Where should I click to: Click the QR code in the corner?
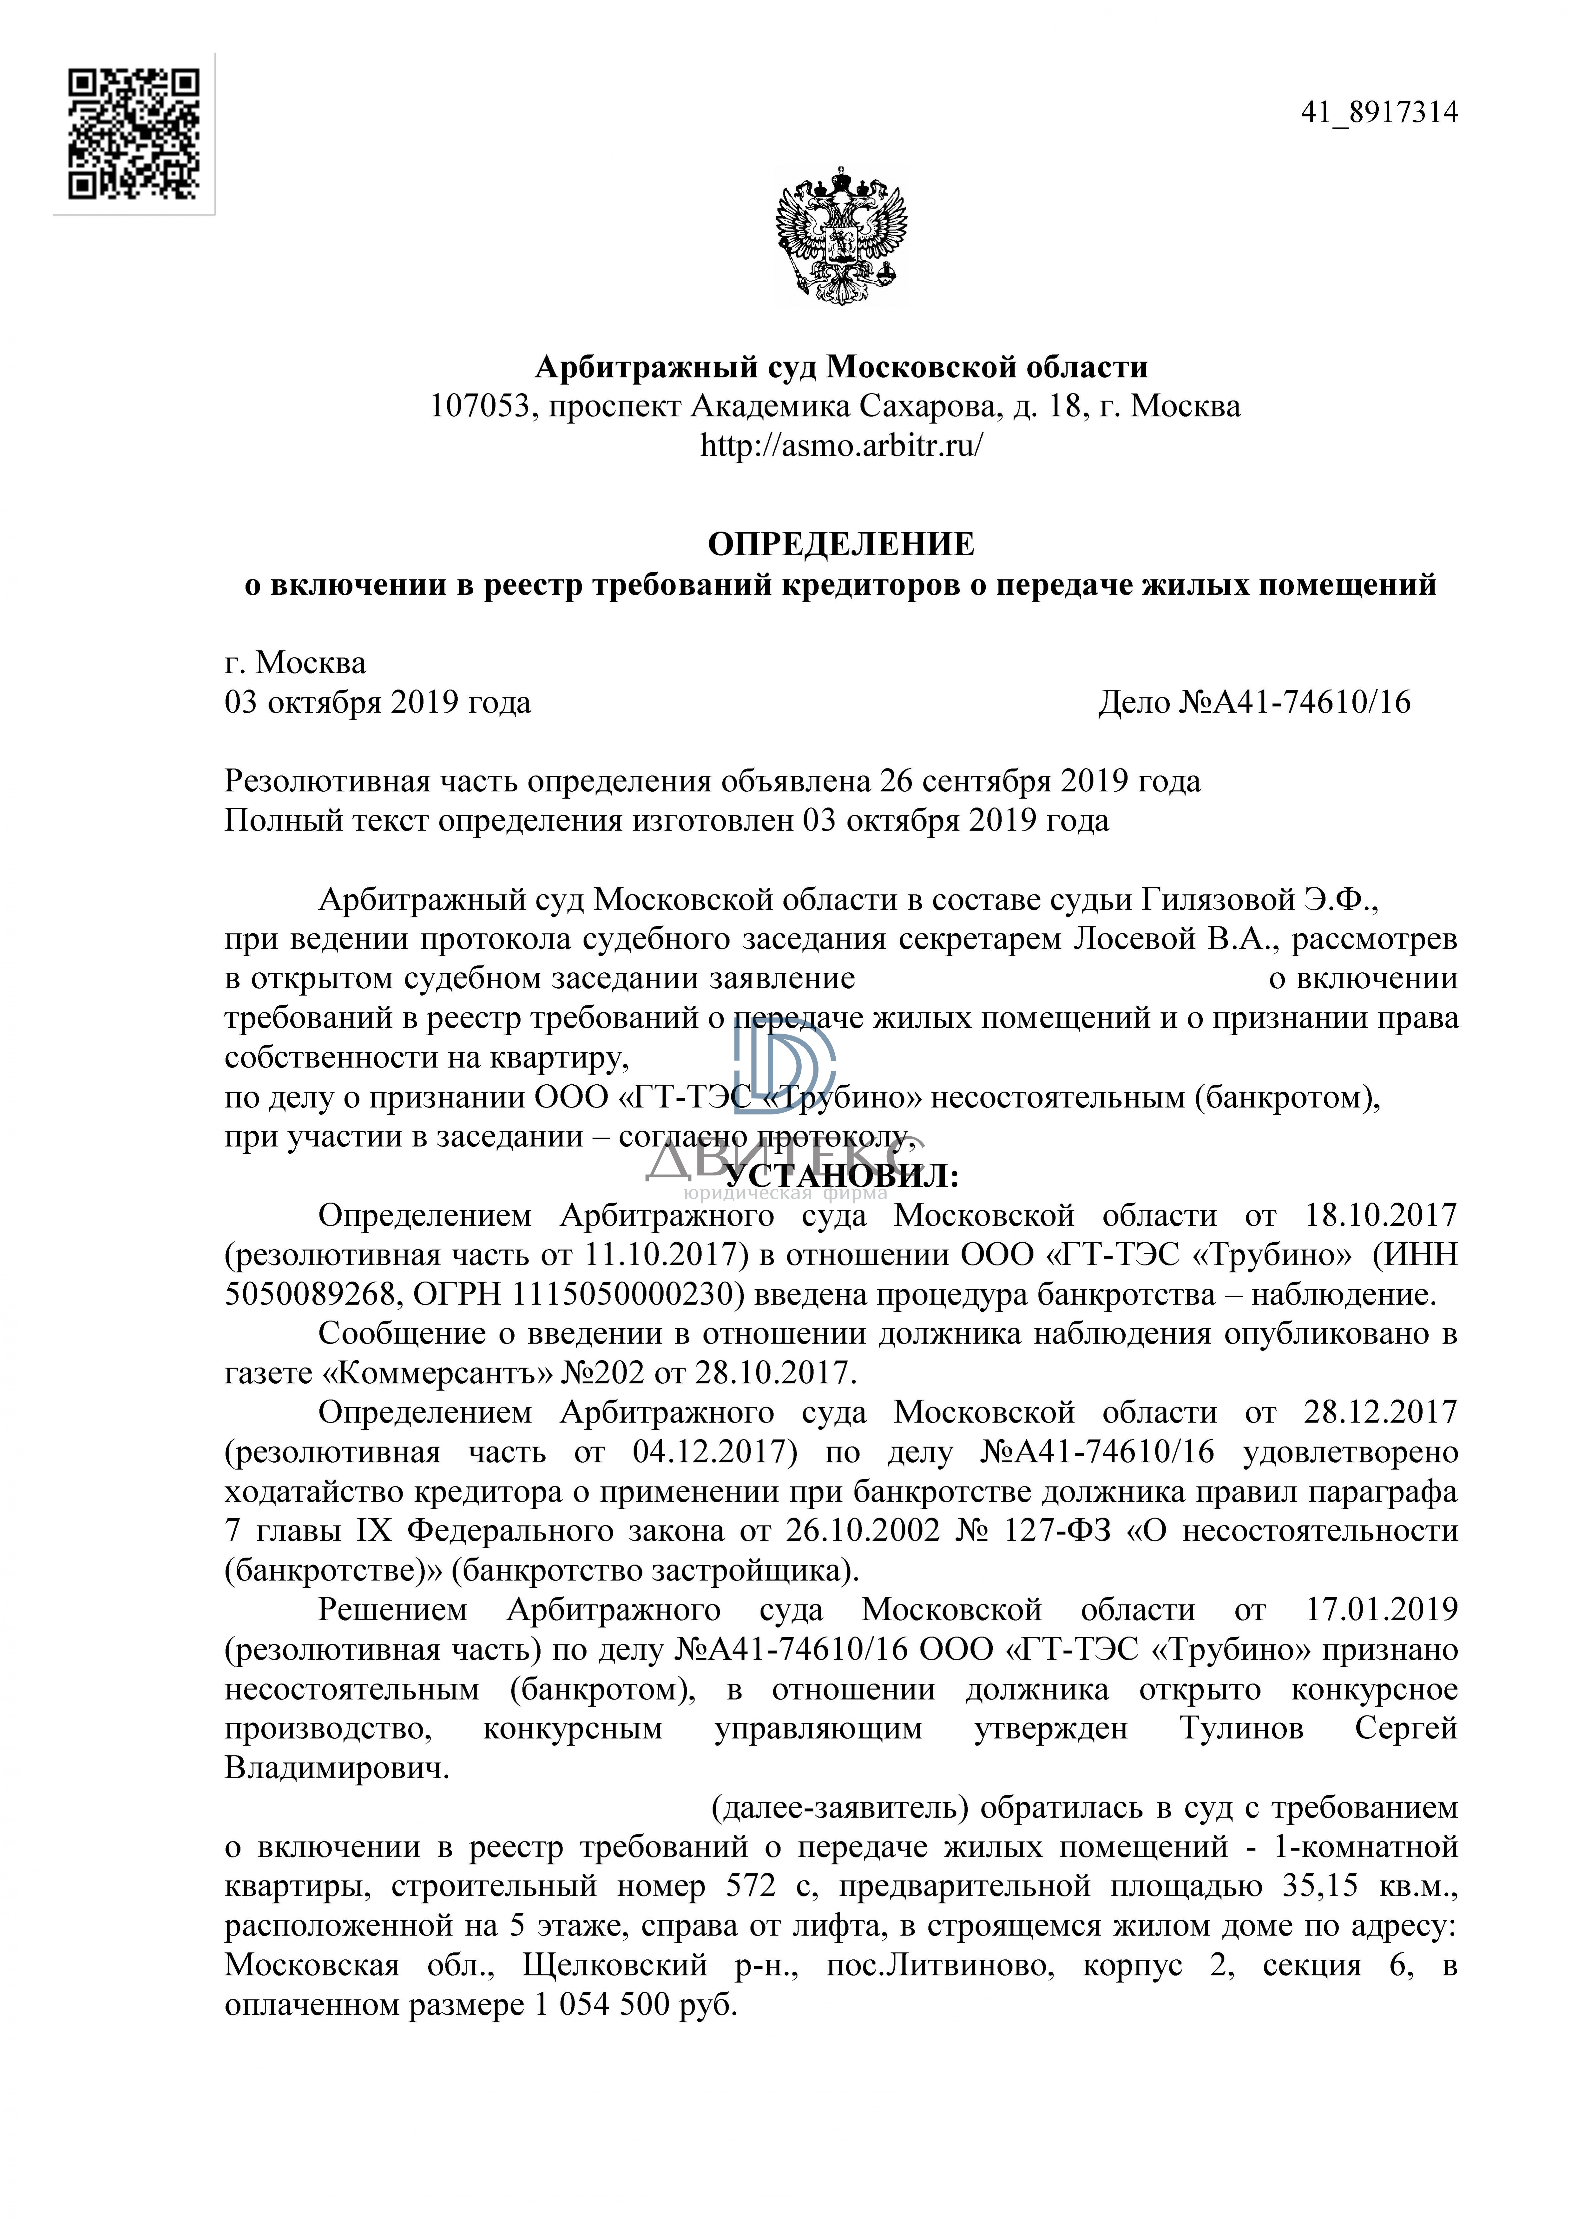(134, 134)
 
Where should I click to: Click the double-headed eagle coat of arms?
(841, 236)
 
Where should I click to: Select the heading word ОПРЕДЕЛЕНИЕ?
(841, 545)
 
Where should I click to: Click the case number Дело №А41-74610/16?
(1254, 702)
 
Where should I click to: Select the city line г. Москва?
(295, 663)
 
